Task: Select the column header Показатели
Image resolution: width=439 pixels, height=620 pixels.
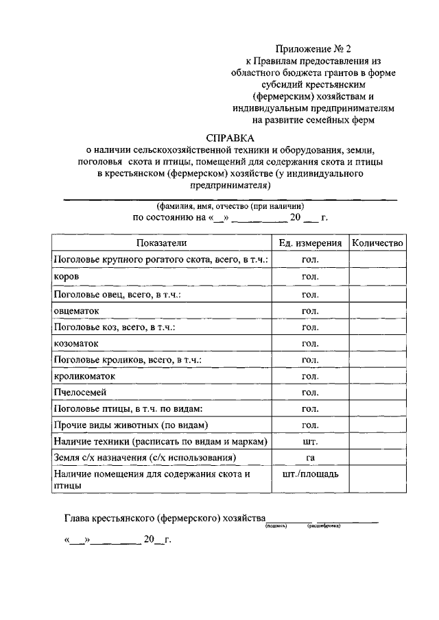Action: click(161, 243)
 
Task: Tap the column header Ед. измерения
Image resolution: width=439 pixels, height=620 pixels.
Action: click(310, 243)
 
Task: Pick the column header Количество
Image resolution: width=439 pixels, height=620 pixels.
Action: click(377, 243)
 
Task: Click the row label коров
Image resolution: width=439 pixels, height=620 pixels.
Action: click(66, 276)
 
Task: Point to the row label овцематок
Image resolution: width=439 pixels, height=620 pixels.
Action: click(76, 310)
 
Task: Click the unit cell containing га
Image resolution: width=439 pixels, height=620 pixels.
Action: click(310, 457)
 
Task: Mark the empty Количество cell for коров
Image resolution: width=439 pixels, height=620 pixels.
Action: click(377, 276)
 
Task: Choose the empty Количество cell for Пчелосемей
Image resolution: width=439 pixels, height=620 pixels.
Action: click(377, 393)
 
